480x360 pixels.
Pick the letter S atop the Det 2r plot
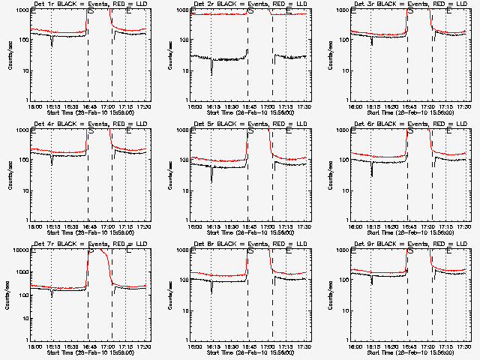pos(251,11)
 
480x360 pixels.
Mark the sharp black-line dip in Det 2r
pos(211,73)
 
